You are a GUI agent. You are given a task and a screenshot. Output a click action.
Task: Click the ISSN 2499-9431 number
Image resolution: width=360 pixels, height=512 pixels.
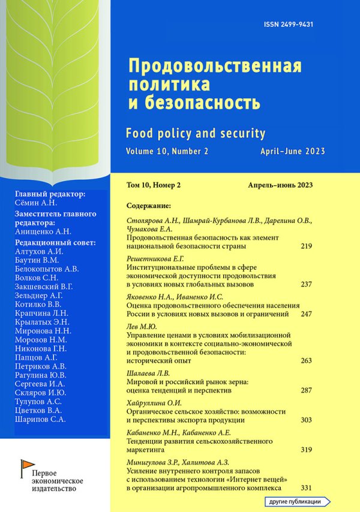[289, 25]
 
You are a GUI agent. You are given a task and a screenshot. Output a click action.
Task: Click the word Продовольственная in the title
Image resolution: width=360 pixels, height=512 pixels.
[215, 64]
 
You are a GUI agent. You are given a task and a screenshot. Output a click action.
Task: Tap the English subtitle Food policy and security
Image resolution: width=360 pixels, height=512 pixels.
[196, 132]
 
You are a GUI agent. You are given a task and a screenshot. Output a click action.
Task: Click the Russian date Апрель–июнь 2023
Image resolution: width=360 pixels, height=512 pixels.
[281, 184]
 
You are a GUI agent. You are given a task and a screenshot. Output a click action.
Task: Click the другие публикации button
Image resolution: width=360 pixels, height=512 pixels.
[299, 501]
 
